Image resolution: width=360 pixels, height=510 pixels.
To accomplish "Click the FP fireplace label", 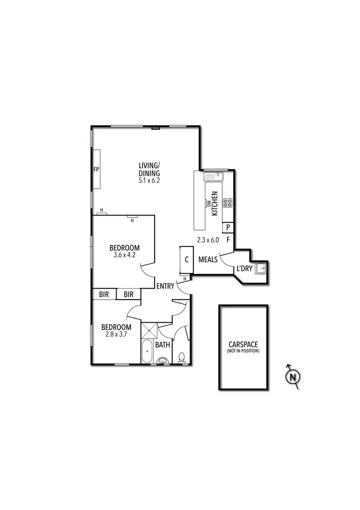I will tap(96, 170).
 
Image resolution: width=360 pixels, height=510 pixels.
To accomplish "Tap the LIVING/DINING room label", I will tap(149, 170).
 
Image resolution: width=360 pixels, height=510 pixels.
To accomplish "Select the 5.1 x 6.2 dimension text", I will tap(149, 181).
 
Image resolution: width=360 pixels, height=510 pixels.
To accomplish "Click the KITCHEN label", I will tap(215, 203).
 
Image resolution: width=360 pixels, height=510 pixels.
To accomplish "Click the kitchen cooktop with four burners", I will tap(228, 203).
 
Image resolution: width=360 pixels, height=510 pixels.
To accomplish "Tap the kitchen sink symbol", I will tap(214, 177).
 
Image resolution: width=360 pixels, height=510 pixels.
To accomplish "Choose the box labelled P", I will tap(228, 227).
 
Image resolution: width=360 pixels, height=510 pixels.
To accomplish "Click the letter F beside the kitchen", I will tap(228, 239).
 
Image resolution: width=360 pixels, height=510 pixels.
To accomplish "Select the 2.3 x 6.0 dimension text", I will tap(208, 239).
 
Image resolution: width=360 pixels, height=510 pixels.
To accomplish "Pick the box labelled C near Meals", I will tap(186, 260).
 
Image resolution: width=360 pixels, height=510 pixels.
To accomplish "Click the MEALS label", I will tap(208, 260).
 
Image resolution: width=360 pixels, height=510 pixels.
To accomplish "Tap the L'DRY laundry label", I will tap(243, 269).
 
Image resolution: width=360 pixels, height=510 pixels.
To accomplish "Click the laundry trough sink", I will tap(261, 268).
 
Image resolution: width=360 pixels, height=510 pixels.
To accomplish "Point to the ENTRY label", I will tap(165, 286).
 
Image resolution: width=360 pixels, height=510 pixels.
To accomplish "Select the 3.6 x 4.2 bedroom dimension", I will tap(124, 255).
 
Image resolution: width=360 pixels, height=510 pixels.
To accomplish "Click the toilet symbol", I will tap(181, 357).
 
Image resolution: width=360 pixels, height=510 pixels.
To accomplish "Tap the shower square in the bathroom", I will tap(149, 331).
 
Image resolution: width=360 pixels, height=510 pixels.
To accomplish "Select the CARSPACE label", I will tap(243, 344).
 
